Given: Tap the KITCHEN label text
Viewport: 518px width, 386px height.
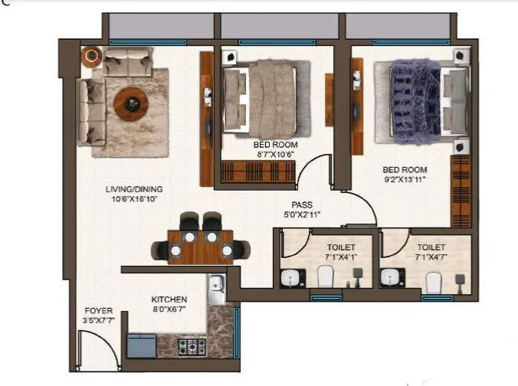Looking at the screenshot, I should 169,299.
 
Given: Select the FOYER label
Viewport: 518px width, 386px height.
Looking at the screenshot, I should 99,311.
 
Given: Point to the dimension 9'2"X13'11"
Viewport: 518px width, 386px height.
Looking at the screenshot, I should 405,179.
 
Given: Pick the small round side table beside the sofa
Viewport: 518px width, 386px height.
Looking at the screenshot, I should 91,55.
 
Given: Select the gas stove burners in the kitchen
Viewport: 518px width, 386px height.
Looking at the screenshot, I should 189,346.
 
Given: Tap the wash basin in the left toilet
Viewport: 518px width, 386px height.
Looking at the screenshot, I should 290,277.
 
